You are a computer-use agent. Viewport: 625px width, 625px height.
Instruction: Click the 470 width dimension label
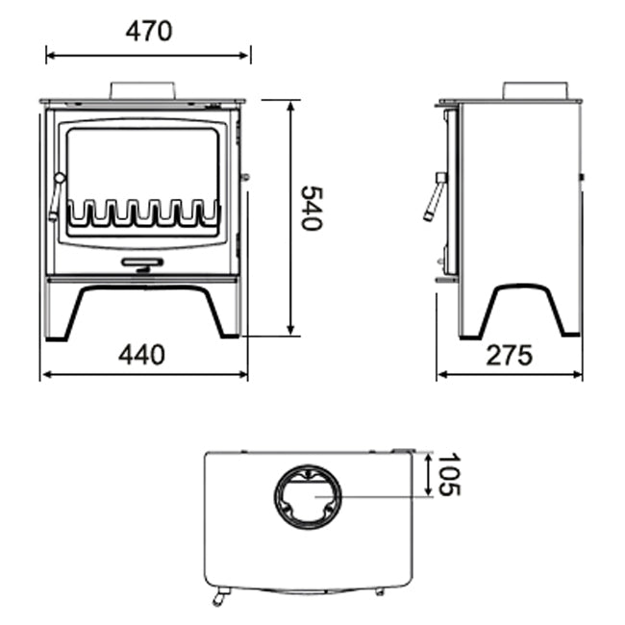148,31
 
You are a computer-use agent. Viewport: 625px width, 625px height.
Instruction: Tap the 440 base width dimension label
141,355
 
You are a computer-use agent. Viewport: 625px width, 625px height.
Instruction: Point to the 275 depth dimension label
508,356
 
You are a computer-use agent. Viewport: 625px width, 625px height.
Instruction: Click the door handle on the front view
57,196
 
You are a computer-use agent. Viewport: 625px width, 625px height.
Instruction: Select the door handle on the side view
435,197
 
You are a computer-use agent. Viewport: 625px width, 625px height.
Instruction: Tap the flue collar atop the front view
142,89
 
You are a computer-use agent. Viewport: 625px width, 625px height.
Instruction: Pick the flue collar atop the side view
533,90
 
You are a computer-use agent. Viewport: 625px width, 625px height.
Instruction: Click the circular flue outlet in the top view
308,496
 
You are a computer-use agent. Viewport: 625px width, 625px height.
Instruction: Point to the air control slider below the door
141,262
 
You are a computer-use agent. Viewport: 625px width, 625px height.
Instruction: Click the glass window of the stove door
141,163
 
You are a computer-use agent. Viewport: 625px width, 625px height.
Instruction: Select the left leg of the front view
60,312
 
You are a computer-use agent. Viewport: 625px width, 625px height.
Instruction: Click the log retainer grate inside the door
141,213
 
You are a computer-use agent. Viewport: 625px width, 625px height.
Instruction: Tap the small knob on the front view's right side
245,177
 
